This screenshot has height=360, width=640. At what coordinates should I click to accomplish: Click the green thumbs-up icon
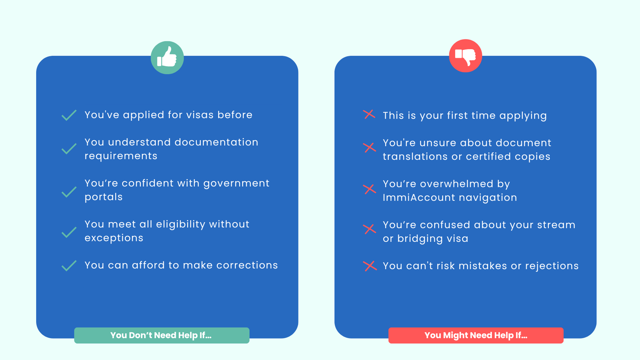[x=167, y=58]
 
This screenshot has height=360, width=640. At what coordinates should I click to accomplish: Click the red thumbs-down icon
[x=465, y=56]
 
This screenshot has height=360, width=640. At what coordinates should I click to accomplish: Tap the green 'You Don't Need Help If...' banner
[x=162, y=335]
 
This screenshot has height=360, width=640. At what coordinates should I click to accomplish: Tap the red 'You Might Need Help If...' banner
[x=476, y=335]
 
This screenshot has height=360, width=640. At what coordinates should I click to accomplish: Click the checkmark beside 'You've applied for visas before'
[x=69, y=115]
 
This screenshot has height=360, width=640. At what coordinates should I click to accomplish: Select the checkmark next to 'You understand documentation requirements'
[x=69, y=149]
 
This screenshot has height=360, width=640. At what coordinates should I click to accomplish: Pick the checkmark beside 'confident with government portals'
[x=69, y=192]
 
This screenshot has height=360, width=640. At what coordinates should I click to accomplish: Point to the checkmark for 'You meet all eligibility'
[x=69, y=232]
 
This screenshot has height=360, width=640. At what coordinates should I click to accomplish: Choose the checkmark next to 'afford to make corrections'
[x=69, y=266]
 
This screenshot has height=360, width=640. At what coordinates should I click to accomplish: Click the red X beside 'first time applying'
[x=369, y=114]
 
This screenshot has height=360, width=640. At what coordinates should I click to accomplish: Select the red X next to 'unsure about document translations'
[x=370, y=148]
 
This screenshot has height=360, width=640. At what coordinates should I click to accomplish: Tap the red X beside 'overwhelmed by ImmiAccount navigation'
[x=370, y=189]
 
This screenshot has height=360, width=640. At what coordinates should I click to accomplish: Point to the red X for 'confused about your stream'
[x=370, y=229]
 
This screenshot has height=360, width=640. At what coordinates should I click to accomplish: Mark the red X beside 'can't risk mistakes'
[x=370, y=266]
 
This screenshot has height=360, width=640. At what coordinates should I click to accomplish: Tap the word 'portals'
[x=104, y=197]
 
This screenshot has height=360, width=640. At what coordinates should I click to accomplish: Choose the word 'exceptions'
[x=114, y=238]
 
